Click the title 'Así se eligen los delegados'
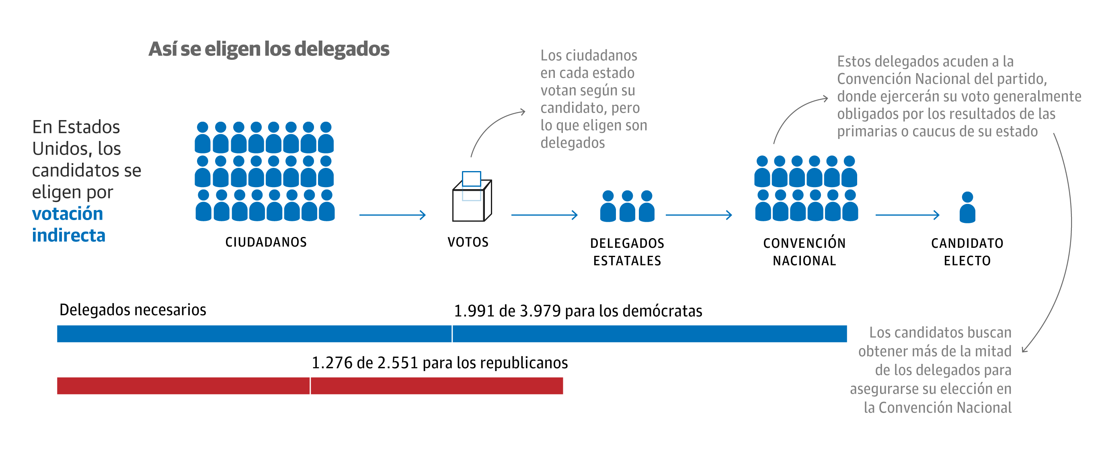269,49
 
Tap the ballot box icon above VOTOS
472,199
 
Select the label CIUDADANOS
266,242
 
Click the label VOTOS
468,242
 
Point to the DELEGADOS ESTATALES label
627,252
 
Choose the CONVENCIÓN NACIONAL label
804,252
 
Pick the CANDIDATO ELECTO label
967,252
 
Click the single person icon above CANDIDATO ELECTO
967,208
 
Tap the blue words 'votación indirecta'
68,224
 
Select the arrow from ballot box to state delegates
544,215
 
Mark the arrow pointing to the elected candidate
907,215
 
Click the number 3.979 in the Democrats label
540,311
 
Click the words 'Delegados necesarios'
132,310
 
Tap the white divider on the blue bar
452,334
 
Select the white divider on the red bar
310,386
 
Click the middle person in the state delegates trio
627,206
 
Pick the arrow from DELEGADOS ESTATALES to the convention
699,215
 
